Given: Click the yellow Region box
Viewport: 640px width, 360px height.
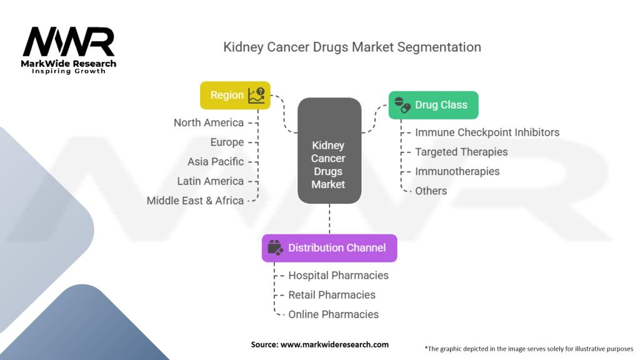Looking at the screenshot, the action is point(235,95).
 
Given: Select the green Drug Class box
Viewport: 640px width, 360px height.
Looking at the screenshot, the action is point(433,105).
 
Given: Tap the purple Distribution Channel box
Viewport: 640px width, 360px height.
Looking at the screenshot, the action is point(329,247).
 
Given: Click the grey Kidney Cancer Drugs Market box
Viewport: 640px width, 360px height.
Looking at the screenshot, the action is point(329,151).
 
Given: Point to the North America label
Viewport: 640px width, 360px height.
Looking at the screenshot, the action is point(209,122).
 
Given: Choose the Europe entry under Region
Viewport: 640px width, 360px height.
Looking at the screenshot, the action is point(227,142).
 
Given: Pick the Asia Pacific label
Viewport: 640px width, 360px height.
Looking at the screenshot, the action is point(216,162).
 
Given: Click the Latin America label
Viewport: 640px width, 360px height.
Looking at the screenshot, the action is point(210,181).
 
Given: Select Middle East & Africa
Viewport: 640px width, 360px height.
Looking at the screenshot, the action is point(195,201).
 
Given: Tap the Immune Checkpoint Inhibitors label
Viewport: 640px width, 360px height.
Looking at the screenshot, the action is point(487,132).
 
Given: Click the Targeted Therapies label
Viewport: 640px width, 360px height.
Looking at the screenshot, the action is point(461,152).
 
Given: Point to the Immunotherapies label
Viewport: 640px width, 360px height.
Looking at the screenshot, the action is point(457,171).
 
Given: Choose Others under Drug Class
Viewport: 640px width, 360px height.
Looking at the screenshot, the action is point(431,191).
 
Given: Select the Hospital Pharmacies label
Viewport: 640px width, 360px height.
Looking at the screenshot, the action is point(338,276).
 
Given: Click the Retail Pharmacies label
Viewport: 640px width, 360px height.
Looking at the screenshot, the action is point(332,295).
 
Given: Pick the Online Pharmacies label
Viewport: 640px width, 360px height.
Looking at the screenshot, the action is point(334,314).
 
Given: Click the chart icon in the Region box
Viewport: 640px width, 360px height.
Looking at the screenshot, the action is point(257,95).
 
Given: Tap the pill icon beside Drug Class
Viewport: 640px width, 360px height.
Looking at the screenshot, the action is point(402,105).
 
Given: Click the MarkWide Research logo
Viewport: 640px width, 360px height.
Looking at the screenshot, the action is point(69,50).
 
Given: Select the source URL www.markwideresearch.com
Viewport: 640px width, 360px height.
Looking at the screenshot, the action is point(334,344).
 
